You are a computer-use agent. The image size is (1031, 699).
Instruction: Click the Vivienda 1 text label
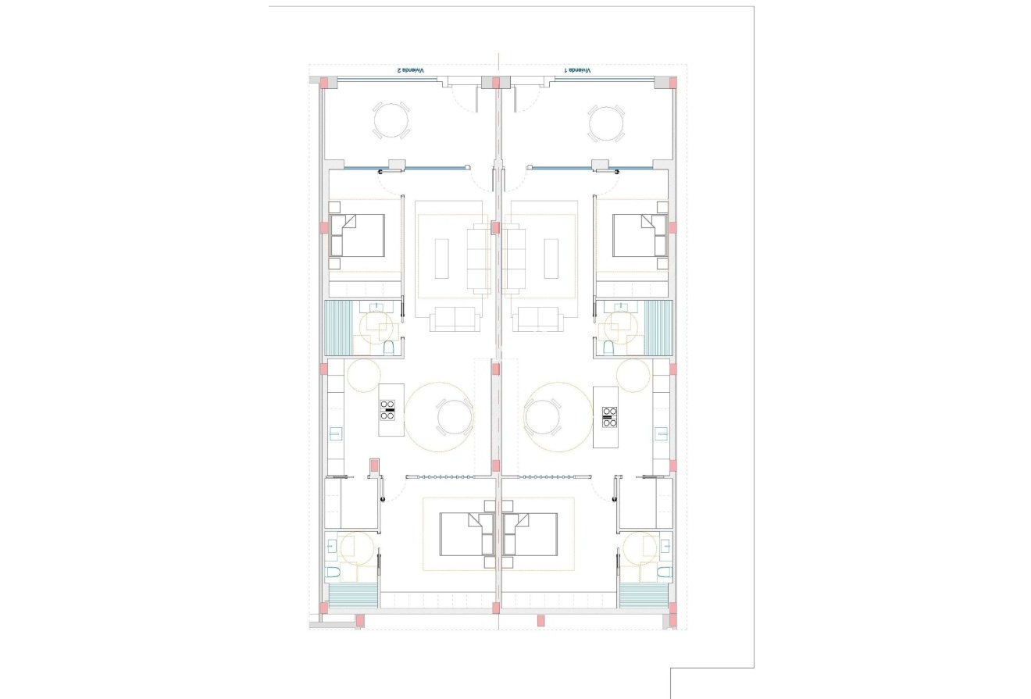click(x=578, y=70)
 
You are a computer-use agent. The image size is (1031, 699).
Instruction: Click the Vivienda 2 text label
click(x=411, y=70)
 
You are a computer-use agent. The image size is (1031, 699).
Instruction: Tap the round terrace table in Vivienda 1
click(x=606, y=123)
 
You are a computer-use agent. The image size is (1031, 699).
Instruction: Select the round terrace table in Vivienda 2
click(x=391, y=121)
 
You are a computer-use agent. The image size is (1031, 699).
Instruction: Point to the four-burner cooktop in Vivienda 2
click(x=387, y=410)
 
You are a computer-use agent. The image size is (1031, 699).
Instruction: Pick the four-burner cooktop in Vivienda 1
click(x=610, y=417)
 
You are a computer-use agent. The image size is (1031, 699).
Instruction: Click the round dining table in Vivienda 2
click(x=454, y=417)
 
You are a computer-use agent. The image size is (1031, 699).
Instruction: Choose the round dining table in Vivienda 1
click(x=543, y=417)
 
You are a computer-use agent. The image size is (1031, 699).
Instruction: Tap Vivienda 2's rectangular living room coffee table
click(x=442, y=259)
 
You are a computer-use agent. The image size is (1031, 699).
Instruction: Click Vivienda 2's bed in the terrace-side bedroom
click(x=358, y=235)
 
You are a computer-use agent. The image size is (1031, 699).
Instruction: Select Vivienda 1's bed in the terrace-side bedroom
click(x=640, y=235)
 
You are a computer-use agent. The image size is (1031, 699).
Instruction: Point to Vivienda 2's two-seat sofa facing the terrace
click(x=454, y=319)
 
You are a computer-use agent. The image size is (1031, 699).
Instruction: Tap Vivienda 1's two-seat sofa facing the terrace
click(x=540, y=319)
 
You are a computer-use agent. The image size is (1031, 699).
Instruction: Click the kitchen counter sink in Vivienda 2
click(x=335, y=433)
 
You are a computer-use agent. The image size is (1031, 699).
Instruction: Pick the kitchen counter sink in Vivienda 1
click(x=662, y=433)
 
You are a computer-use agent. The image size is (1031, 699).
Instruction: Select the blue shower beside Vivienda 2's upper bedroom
click(x=338, y=328)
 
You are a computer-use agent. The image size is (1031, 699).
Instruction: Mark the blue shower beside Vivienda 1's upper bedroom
click(x=658, y=328)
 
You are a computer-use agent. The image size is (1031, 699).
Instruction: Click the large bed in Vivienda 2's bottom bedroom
click(x=466, y=534)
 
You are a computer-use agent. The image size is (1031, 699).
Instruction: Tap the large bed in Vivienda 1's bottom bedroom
click(x=531, y=534)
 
